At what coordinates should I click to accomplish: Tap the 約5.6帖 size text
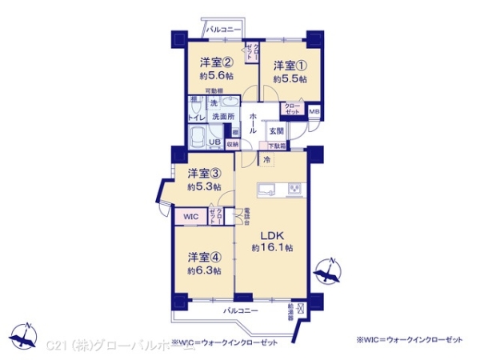coord(216,76)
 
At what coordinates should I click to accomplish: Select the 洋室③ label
coord(204,173)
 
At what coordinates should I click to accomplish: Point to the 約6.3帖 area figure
coord(204,270)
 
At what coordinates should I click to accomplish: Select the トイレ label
coord(196,118)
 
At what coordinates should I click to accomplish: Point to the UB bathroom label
coord(214,142)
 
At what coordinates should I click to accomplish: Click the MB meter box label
coord(314,111)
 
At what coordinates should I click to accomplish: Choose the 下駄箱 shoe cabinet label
coord(275,146)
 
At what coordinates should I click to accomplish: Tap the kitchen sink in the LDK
coord(266,190)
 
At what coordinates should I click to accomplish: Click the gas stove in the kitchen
coord(294,190)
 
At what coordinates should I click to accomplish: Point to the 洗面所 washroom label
coord(223,117)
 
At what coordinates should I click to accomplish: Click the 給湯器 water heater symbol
coord(299,307)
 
